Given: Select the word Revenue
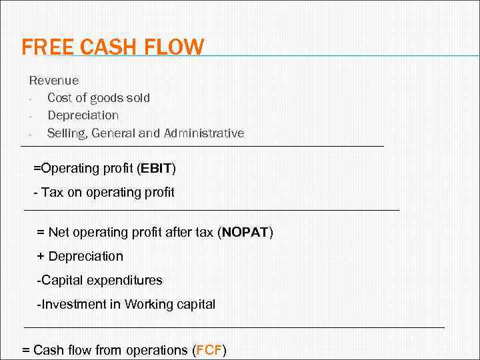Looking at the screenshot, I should point(54,81).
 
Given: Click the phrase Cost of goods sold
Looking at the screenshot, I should point(99,98).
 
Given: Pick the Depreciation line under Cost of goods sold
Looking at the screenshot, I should point(83,115).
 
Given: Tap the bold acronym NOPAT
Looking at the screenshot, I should point(245,233).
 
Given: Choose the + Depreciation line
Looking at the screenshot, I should point(80,257).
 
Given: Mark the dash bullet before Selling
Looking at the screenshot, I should point(31,133).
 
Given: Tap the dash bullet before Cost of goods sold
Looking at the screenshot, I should point(31,99).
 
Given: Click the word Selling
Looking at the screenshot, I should point(66,133).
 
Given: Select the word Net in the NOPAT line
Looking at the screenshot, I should point(59,233).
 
